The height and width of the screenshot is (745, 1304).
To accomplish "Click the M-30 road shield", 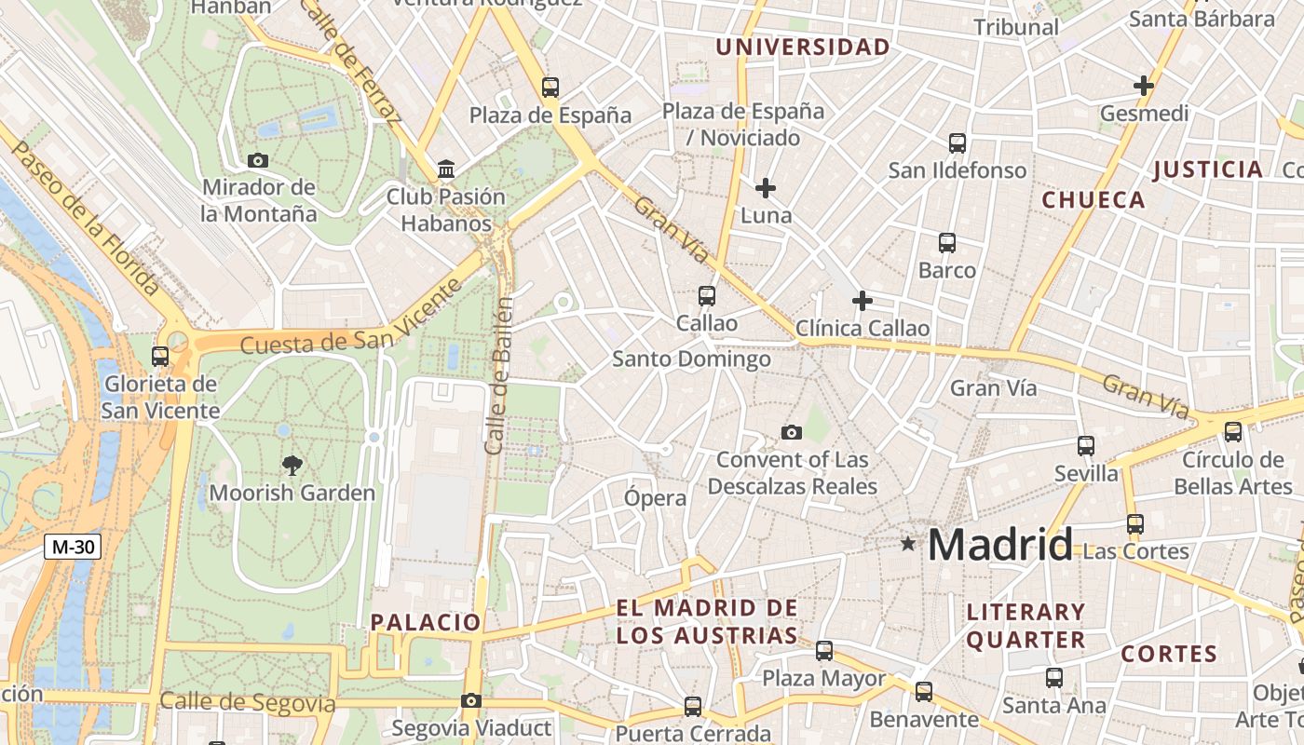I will tap(73, 547).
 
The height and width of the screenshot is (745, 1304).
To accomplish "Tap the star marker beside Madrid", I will tap(908, 543).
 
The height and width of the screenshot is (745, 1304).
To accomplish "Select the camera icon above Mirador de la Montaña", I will tap(258, 160).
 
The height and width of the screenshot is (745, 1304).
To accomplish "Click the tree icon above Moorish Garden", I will tap(292, 466).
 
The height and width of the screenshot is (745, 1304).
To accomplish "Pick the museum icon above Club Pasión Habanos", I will tap(446, 169).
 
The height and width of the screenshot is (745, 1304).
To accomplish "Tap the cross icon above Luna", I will tap(766, 188).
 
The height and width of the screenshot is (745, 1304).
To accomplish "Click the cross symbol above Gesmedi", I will tap(1144, 86).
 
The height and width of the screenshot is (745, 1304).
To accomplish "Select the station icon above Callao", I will tap(707, 296).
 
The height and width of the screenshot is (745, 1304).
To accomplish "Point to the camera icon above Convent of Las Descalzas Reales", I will tap(792, 432).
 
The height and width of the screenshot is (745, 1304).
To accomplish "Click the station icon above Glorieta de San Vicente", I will tap(160, 356).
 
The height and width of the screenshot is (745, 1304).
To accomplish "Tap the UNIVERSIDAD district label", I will tap(802, 47).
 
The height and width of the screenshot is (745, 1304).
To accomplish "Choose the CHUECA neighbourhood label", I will tap(1093, 200).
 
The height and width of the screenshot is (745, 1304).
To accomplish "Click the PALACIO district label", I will tap(426, 622).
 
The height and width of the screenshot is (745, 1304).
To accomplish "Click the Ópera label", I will tap(655, 498).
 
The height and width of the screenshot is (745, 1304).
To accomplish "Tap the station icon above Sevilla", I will tap(1086, 445).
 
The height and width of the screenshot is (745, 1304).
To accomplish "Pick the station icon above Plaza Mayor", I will tap(824, 651).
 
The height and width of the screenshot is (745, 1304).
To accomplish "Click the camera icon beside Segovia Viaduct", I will tap(471, 700).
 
